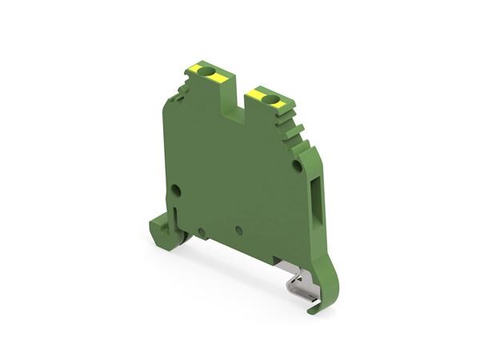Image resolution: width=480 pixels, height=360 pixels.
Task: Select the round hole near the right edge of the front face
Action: point(297,167)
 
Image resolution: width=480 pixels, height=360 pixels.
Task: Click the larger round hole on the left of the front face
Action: point(175,190)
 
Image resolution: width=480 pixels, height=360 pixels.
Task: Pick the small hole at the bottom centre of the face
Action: point(239,230)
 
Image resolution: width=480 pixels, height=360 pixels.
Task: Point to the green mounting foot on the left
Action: point(160,231)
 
